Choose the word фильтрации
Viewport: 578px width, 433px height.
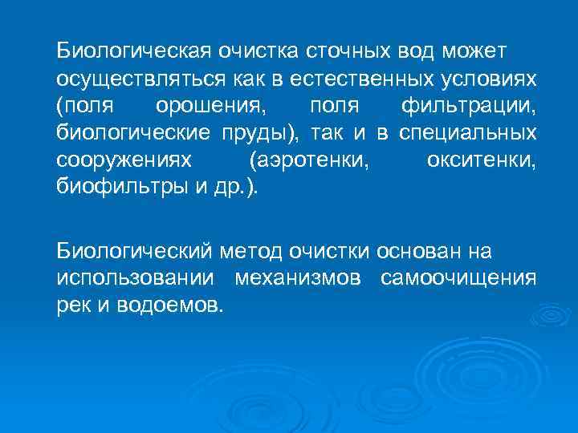click(468, 107)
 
